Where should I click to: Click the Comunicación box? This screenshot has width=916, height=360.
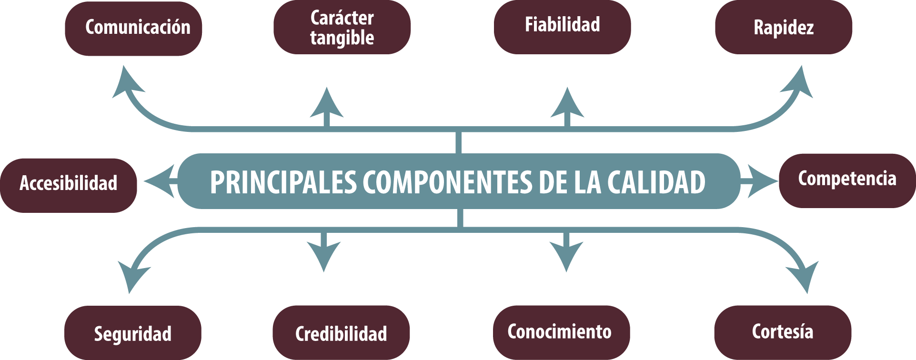click(133, 29)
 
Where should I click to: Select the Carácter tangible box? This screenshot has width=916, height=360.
click(342, 27)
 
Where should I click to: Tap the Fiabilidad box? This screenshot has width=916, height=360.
click(563, 27)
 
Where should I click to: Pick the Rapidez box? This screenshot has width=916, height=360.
click(784, 27)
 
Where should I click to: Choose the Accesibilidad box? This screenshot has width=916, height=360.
click(69, 185)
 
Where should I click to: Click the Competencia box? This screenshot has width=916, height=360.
click(847, 181)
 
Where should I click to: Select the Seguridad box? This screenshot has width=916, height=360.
click(133, 332)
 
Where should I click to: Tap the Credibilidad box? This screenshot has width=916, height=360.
click(341, 332)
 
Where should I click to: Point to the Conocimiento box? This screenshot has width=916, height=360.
click(562, 332)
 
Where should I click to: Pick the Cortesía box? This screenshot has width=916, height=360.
click(783, 332)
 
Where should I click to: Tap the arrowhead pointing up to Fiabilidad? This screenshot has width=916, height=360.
click(567, 104)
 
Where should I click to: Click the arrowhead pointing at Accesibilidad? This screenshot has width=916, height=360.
click(160, 181)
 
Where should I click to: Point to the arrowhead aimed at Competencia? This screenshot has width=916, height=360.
click(762, 181)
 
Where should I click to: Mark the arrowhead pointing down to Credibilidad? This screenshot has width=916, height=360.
click(324, 255)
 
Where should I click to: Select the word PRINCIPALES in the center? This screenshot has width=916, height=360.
click(283, 182)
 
